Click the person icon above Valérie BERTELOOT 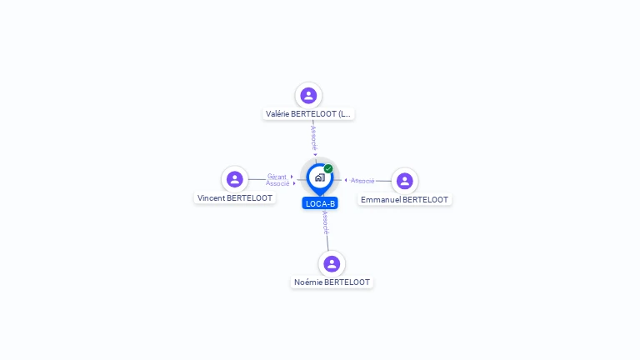(308, 95)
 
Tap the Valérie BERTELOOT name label (308, 114)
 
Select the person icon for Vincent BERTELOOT (235, 179)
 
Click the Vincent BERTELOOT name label (235, 198)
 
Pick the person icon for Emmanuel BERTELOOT (405, 181)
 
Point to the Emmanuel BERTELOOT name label (405, 200)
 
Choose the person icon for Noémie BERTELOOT (332, 263)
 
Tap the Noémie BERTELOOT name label (332, 282)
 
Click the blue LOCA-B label (320, 203)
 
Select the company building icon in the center (319, 177)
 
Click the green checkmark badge (328, 169)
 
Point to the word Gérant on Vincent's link (277, 177)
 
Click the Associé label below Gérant (277, 183)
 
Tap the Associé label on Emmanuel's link (362, 181)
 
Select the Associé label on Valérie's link (313, 137)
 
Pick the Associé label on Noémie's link (325, 222)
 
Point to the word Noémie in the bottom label (307, 282)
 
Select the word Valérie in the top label (280, 114)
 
